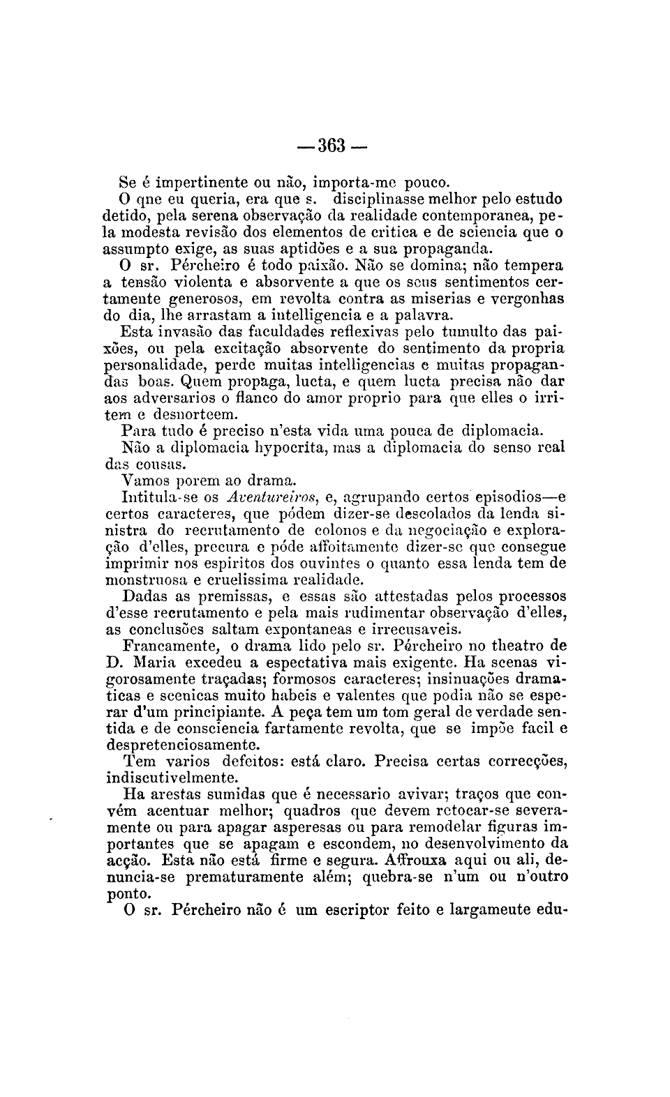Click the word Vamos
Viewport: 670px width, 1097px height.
pos(142,481)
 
